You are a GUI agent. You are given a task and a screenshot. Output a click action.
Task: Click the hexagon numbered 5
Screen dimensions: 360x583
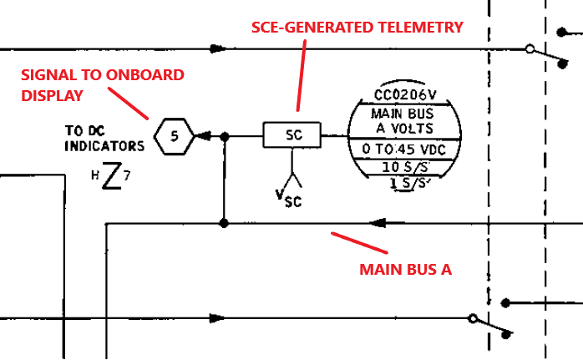pyautogui.click(x=174, y=134)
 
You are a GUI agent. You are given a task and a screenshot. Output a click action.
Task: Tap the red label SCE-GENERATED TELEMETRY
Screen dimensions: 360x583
pyautogui.click(x=357, y=28)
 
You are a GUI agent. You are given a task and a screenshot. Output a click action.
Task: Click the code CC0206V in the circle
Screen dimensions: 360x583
pyautogui.click(x=406, y=94)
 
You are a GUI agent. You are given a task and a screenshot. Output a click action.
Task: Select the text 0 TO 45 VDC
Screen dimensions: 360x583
pyautogui.click(x=406, y=149)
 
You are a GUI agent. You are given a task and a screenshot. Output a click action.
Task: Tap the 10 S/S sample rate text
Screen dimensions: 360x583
pyautogui.click(x=407, y=166)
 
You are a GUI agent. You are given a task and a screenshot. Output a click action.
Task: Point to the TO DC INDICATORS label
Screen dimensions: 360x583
pyautogui.click(x=104, y=139)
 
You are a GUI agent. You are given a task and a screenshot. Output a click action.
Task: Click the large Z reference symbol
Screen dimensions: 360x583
pyautogui.click(x=110, y=177)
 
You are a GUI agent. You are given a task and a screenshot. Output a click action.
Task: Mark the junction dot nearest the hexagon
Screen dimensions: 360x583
pyautogui.click(x=223, y=134)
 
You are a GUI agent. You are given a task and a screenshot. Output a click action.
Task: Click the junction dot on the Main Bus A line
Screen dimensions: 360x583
pyautogui.click(x=223, y=223)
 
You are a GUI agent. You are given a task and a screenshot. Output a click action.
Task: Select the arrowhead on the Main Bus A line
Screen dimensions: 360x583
pyautogui.click(x=377, y=223)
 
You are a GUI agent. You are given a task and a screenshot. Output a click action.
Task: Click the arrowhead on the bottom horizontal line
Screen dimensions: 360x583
pyautogui.click(x=218, y=318)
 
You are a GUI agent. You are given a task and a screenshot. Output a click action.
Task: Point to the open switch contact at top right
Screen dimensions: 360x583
pyautogui.click(x=530, y=48)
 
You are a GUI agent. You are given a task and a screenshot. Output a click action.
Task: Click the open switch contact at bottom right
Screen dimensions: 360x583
pyautogui.click(x=473, y=318)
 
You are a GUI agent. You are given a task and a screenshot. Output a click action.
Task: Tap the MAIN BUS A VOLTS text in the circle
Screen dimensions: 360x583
pyautogui.click(x=406, y=120)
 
